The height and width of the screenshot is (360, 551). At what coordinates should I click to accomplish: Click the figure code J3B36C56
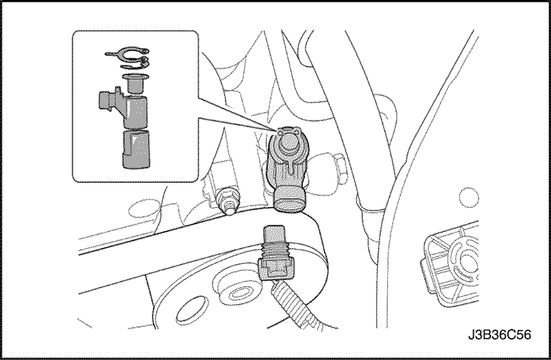tap(499, 335)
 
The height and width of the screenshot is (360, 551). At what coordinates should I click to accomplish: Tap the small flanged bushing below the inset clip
tap(135, 83)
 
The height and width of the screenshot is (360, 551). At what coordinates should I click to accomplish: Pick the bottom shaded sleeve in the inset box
tap(136, 149)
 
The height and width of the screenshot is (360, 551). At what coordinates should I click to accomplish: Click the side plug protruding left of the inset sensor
tap(105, 101)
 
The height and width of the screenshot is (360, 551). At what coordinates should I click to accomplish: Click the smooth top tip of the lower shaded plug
tap(275, 232)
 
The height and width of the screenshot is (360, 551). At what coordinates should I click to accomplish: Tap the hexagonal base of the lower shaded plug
tap(275, 269)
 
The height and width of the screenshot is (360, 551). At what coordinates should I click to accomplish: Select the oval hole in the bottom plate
tap(191, 310)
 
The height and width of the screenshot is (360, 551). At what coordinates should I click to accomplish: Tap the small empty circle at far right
tap(469, 198)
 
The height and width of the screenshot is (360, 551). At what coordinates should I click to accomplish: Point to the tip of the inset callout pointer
tap(275, 131)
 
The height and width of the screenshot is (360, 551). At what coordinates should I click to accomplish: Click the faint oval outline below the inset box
tap(143, 210)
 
